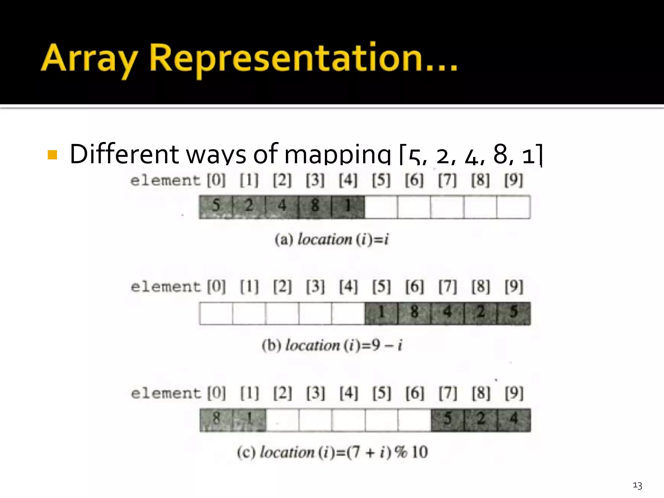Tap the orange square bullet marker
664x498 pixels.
tap(52, 155)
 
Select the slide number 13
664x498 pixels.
tap(637, 485)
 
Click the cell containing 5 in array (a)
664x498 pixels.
tap(216, 207)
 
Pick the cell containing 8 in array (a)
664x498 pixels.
tap(315, 207)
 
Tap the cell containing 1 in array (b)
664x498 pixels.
tap(381, 313)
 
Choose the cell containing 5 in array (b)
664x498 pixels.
tap(514, 313)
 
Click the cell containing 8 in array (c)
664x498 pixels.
tap(216, 420)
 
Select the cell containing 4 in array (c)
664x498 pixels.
tap(514, 420)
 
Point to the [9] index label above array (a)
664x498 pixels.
tap(514, 180)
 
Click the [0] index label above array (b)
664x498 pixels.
tap(216, 287)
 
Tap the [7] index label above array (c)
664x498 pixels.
tap(447, 393)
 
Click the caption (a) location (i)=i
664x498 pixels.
tap(331, 240)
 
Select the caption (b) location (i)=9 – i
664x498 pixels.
tap(332, 345)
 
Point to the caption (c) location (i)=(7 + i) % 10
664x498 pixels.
tap(332, 452)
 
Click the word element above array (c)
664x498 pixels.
tap(166, 394)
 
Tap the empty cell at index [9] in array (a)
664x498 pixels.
tap(514, 207)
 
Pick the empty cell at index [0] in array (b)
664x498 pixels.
tap(216, 313)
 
